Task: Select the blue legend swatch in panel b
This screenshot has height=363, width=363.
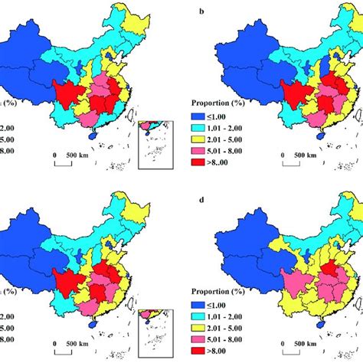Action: [x=198, y=112]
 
